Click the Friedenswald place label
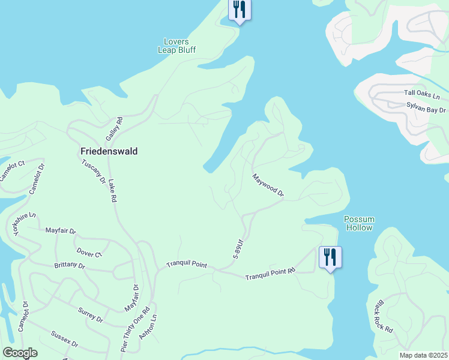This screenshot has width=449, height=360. point(109,152)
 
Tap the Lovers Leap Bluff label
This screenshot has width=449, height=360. point(176,46)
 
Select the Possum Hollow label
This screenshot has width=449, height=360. point(359,223)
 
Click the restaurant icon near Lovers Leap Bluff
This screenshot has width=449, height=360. point(240,10)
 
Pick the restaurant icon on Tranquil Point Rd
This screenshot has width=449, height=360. point(330,257)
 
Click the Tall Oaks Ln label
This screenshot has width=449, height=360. point(422,94)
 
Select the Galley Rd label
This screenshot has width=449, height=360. point(114,129)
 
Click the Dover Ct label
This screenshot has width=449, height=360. point(90,253)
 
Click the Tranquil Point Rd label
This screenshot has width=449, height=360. point(270,274)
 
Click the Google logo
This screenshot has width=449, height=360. point(20,353)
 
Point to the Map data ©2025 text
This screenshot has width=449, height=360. point(423,355)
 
